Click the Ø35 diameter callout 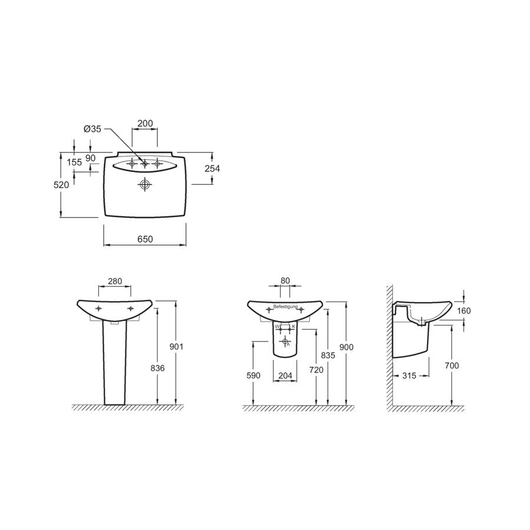click(x=92, y=129)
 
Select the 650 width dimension click(x=145, y=239)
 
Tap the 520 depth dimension click(x=61, y=184)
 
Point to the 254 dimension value click(x=212, y=168)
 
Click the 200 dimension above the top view click(x=145, y=124)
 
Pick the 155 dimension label click(x=74, y=163)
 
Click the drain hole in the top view click(x=145, y=184)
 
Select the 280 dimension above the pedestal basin click(x=115, y=281)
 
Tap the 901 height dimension click(x=177, y=346)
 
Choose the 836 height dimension click(x=157, y=368)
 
